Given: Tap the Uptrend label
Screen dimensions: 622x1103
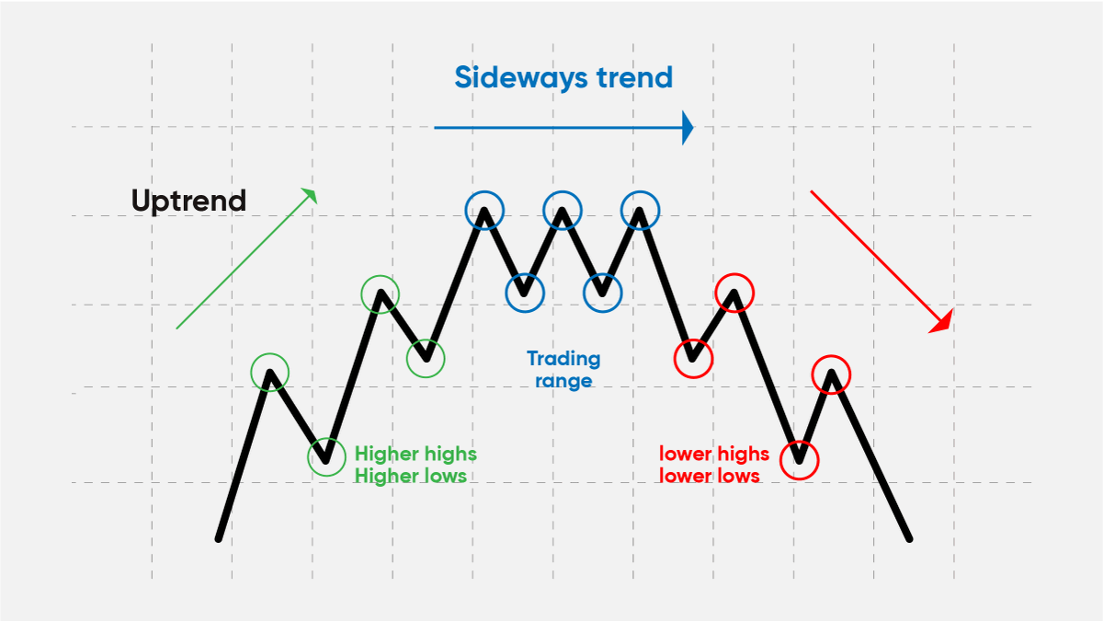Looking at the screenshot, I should (188, 201).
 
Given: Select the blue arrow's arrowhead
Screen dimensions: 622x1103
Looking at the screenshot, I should (687, 128).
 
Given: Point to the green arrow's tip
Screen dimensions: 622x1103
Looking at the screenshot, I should (312, 192).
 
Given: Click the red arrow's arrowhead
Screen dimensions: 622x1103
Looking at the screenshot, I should (942, 322).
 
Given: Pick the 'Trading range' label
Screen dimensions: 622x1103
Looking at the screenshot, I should (563, 369).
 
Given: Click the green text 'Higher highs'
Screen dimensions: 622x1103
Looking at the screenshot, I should (415, 454).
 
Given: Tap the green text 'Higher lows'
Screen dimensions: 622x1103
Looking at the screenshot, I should (410, 476).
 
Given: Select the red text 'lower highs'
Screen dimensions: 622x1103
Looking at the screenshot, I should (713, 454).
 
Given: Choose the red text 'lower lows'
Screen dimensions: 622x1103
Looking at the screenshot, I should (709, 476).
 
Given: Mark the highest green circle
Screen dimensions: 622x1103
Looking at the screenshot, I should (380, 294).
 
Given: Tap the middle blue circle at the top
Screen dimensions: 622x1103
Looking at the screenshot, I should (562, 210).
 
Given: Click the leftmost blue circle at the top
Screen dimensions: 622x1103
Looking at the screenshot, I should (484, 210).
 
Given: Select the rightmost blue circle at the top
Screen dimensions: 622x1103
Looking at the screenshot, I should (640, 210).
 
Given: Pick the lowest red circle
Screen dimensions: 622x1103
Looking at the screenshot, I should (799, 459).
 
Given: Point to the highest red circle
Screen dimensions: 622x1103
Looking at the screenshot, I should (734, 293).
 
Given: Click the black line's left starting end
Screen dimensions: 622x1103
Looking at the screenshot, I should (219, 537).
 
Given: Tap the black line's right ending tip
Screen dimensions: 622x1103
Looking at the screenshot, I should (908, 538).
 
